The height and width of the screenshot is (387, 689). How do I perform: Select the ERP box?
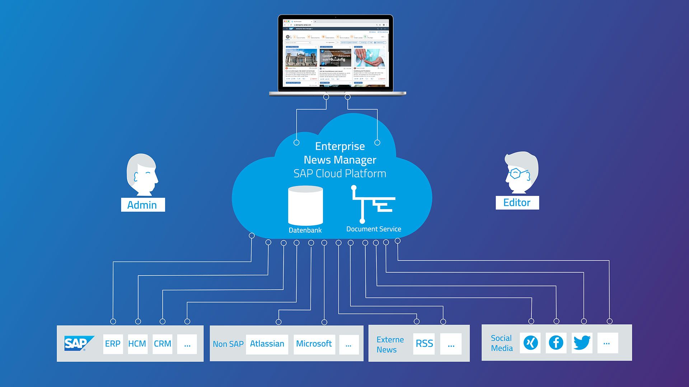(113, 344)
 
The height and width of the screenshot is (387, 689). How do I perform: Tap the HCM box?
(137, 344)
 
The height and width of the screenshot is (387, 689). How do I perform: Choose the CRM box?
(163, 344)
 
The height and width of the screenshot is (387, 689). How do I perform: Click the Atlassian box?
(267, 344)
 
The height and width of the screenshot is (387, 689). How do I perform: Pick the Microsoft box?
(314, 344)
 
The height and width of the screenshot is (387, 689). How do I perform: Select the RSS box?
(424, 344)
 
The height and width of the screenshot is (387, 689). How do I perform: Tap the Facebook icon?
(556, 343)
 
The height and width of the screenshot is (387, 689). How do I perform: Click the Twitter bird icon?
(582, 343)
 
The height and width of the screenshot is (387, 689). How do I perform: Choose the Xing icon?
(531, 343)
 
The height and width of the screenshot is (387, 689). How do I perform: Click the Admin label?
(142, 205)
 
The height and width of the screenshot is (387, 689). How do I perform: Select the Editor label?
(517, 203)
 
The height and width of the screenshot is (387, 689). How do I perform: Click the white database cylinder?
(305, 205)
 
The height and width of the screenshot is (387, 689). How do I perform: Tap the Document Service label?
(374, 229)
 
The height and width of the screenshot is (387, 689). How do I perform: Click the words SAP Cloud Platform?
(340, 174)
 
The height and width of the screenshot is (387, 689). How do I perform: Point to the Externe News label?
(390, 344)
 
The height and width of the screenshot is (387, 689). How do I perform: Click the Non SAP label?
(228, 344)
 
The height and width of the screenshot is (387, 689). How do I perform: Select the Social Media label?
(502, 343)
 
